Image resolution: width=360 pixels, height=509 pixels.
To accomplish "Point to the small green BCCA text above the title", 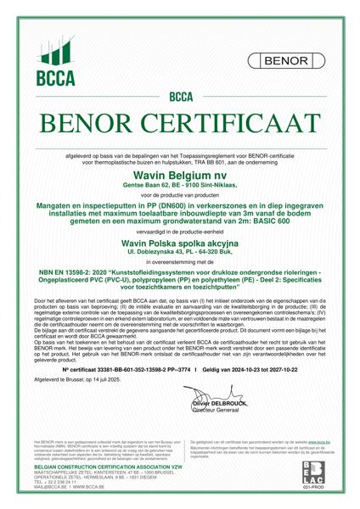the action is [x=180, y=98].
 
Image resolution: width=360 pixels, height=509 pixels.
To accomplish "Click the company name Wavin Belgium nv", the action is [x=180, y=172].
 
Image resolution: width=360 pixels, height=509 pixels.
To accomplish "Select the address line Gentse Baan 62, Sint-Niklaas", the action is [x=180, y=183].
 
